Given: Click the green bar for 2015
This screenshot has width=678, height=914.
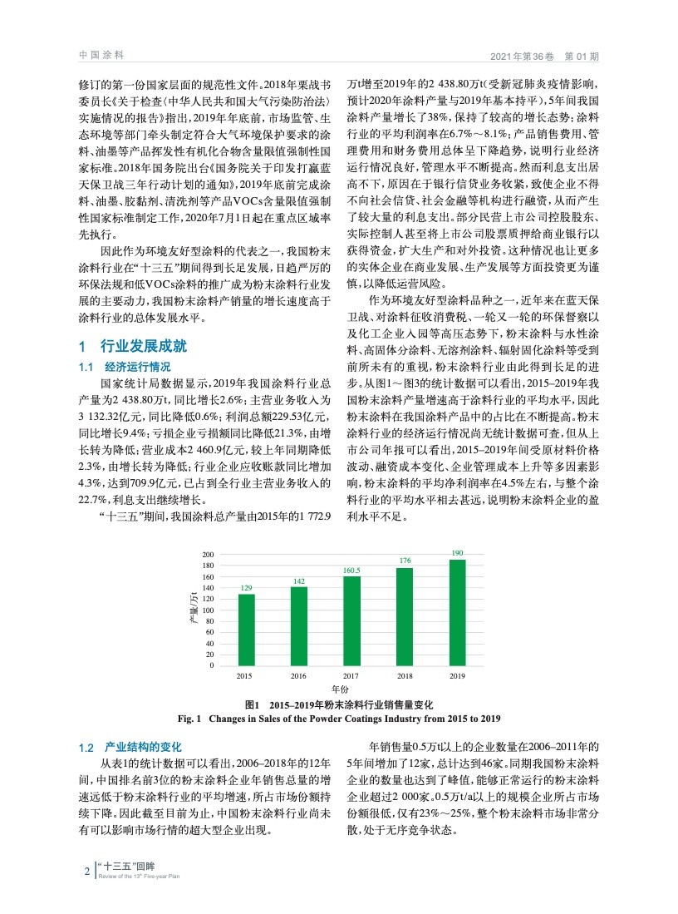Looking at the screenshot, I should tap(247, 630).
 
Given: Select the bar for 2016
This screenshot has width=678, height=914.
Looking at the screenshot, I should tap(299, 626).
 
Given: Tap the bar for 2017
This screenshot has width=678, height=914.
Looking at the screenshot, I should tap(351, 620).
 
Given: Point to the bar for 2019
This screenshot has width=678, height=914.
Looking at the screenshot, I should tap(456, 612).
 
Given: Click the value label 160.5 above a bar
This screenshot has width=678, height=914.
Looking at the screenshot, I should tap(351, 570).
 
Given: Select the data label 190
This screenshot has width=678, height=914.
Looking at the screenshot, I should tap(457, 553).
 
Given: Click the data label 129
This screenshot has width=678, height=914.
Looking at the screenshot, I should tap(247, 588).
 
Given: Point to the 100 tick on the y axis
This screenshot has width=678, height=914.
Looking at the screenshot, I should tap(209, 610).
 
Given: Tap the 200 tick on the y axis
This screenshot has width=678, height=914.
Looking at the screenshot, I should tap(209, 554).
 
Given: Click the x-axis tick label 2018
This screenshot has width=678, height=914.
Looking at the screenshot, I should tap(404, 675).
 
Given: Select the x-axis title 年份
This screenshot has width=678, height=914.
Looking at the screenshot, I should tap(339, 689).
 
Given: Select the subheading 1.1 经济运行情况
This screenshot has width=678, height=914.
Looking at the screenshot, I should tap(125, 367).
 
